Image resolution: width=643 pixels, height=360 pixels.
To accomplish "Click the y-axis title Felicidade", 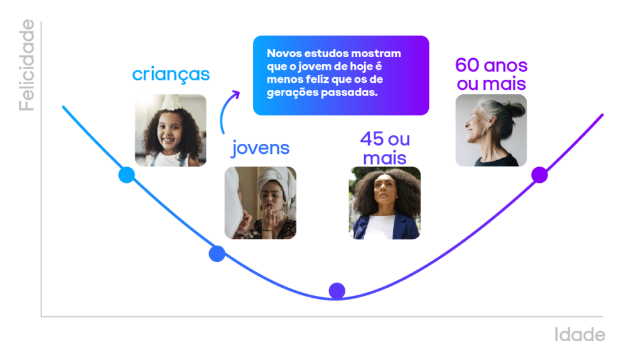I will point(26,65).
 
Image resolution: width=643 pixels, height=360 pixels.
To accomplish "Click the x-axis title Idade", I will point(580,335).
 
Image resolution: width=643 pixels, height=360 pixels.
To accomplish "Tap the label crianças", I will point(171,75).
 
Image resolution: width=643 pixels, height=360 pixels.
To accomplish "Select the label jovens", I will point(261,148).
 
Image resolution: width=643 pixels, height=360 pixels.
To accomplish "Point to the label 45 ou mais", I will point(384,148).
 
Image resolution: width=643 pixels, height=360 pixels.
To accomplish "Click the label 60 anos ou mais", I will point(491,74).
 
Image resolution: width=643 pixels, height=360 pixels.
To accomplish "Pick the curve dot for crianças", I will point(127,175).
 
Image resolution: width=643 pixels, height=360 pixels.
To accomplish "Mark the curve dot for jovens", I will point(217,253).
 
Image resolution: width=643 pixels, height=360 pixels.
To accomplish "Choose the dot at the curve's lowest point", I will point(337,290).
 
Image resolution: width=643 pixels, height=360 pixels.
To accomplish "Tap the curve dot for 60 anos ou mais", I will point(539,175).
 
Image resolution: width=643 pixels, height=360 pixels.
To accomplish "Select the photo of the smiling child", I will point(170,131).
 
